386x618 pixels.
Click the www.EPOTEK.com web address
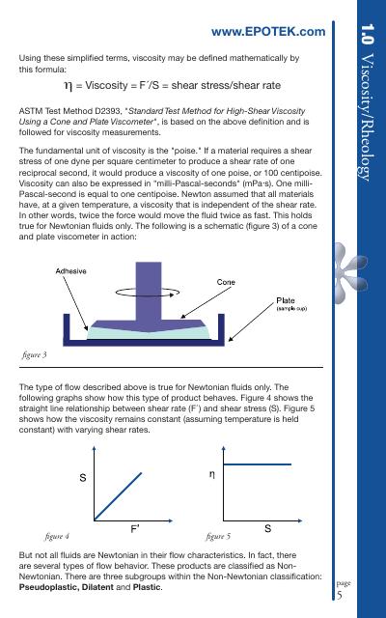click(x=268, y=32)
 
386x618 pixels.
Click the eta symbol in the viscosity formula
click(x=69, y=86)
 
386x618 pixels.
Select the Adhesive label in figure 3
click(x=70, y=271)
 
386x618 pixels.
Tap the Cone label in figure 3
click(x=226, y=282)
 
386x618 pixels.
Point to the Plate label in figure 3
click(x=286, y=300)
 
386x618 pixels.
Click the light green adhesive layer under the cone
click(x=149, y=333)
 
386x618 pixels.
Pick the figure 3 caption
click(x=35, y=354)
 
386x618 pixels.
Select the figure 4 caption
click(x=57, y=536)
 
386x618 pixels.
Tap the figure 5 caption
click(x=219, y=536)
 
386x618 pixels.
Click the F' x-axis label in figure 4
click(x=135, y=529)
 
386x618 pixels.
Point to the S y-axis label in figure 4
click(x=83, y=478)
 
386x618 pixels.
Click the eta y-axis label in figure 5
click(x=212, y=474)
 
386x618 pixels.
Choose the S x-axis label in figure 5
click(x=268, y=528)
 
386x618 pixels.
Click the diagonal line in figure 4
click(x=118, y=496)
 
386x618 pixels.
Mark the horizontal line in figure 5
click(x=258, y=464)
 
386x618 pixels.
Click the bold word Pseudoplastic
click(x=48, y=587)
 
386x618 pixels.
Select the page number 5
click(x=340, y=595)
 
